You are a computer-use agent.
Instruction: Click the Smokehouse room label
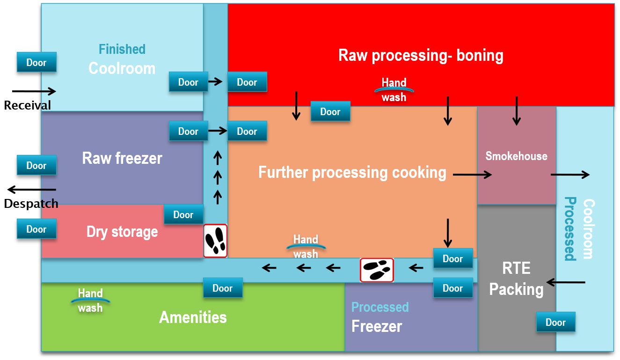pyautogui.click(x=516, y=156)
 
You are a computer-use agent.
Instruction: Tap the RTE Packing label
pyautogui.click(x=516, y=279)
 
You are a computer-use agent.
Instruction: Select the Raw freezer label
pyautogui.click(x=122, y=158)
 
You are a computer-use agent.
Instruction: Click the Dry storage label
pyautogui.click(x=122, y=232)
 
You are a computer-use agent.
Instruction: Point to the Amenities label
pyautogui.click(x=193, y=317)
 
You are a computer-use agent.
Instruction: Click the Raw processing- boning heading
pyautogui.click(x=421, y=55)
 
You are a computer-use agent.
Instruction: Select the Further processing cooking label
pyautogui.click(x=352, y=172)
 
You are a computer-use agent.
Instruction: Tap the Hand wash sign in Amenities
pyautogui.click(x=90, y=301)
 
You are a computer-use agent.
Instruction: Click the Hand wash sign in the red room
pyautogui.click(x=394, y=90)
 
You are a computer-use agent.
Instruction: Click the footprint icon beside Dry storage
pyautogui.click(x=215, y=241)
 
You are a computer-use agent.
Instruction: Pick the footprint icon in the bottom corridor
pyautogui.click(x=377, y=270)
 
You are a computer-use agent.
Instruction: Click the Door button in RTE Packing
pyautogui.click(x=555, y=322)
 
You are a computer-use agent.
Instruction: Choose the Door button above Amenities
pyautogui.click(x=223, y=288)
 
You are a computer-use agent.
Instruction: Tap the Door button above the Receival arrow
pyautogui.click(x=36, y=62)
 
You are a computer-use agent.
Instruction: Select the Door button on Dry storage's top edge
pyautogui.click(x=183, y=214)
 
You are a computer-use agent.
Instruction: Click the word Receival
pyautogui.click(x=27, y=106)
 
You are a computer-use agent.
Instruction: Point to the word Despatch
pyautogui.click(x=31, y=204)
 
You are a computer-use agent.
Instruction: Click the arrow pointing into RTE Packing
pyautogui.click(x=566, y=282)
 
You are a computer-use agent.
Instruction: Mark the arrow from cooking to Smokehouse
pyautogui.click(x=473, y=175)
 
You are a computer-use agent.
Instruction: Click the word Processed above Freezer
pyautogui.click(x=380, y=307)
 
